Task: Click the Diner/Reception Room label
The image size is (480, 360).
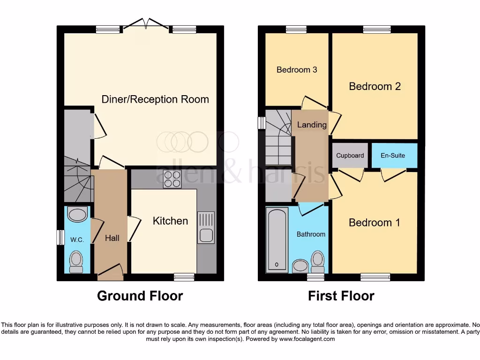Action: click(x=155, y=99)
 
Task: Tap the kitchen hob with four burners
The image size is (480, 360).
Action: click(x=172, y=179)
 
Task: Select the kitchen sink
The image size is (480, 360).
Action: click(x=206, y=228)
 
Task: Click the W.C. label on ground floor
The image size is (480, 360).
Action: click(x=77, y=240)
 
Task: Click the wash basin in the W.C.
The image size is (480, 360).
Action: click(x=77, y=215)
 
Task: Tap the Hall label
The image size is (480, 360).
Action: click(x=112, y=238)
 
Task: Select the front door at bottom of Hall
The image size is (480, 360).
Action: click(x=111, y=272)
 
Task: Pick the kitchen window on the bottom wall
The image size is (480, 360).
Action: click(x=184, y=277)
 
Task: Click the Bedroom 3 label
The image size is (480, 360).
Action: click(x=297, y=70)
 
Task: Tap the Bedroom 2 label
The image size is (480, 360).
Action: click(x=375, y=86)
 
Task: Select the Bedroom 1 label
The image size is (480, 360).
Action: click(x=375, y=223)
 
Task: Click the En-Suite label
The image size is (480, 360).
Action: click(x=392, y=156)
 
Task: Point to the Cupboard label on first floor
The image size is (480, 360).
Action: click(x=350, y=156)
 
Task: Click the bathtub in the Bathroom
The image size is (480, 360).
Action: click(x=277, y=240)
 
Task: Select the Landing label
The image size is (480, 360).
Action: click(x=312, y=125)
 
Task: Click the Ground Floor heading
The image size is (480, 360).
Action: click(x=140, y=296)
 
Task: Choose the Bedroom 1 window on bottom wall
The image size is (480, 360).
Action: click(x=375, y=277)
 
